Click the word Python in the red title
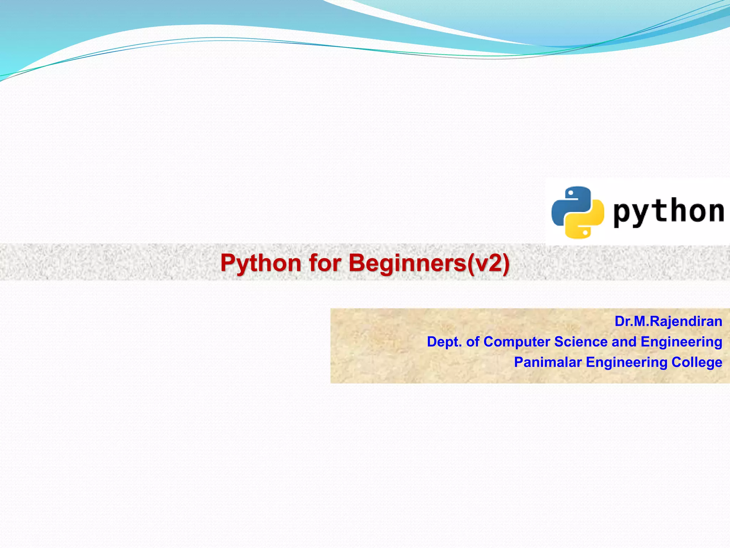point(261,263)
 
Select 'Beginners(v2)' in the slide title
point(429,263)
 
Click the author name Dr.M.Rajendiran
point(668,321)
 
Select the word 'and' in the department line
point(624,342)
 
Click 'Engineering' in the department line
point(681,342)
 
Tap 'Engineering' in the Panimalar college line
point(626,362)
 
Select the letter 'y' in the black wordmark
point(641,213)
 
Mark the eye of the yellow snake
point(585,232)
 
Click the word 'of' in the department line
point(473,342)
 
